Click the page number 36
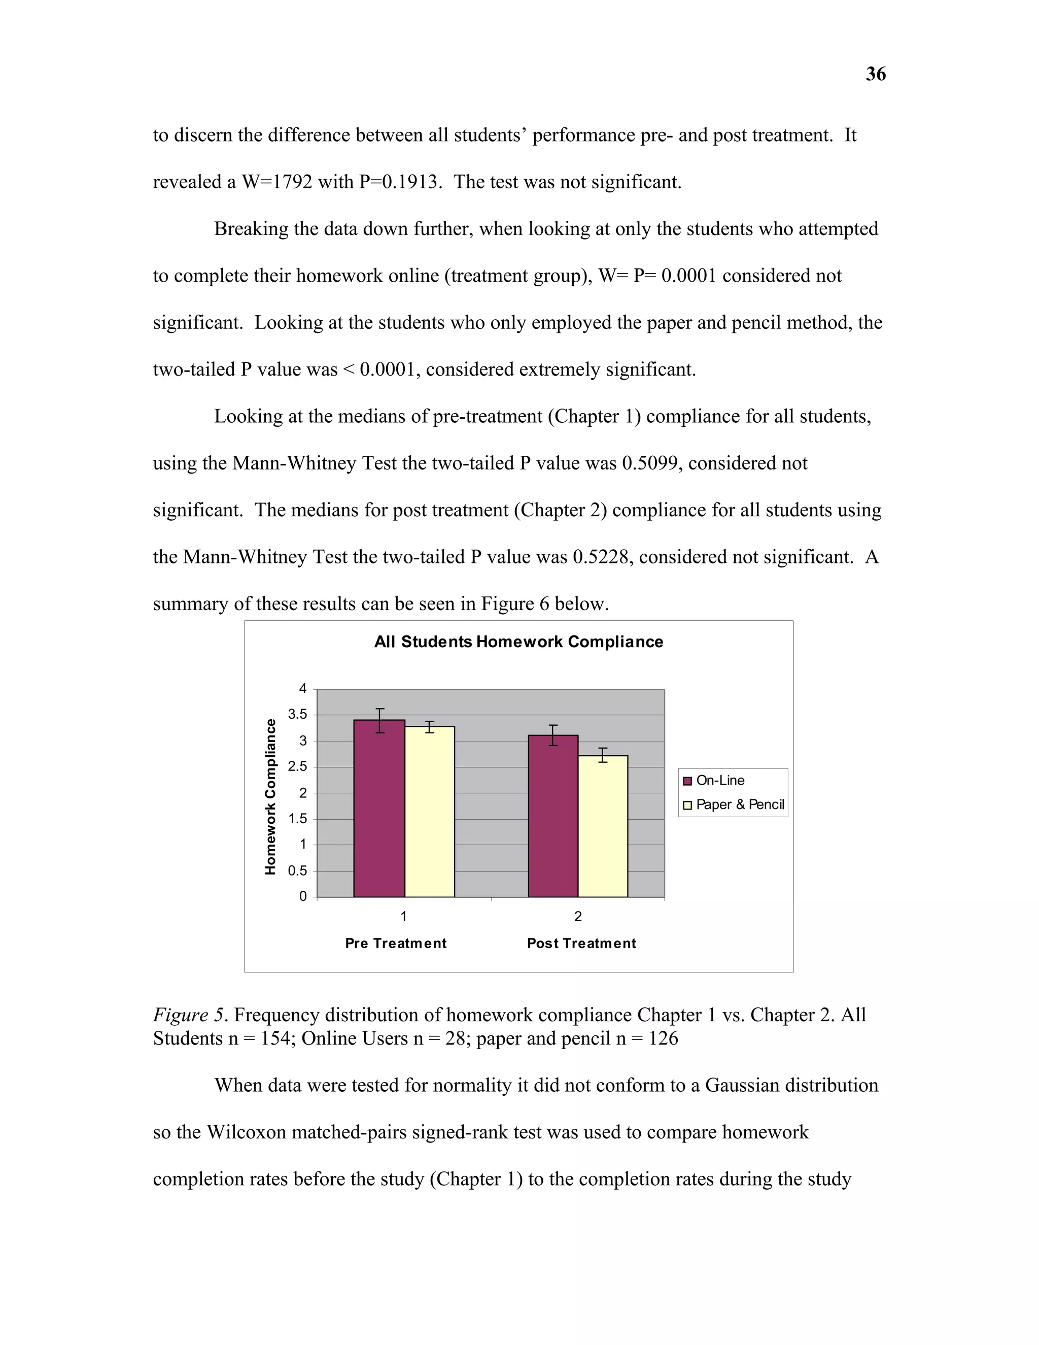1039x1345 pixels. click(875, 74)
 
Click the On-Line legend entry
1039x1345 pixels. click(719, 780)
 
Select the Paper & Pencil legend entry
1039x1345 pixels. click(739, 804)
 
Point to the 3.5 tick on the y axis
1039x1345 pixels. click(297, 715)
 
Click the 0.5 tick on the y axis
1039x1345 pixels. click(297, 871)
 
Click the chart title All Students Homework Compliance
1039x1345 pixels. click(518, 642)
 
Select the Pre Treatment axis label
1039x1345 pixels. click(396, 943)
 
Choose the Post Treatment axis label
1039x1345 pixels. click(581, 943)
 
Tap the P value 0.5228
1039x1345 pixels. click(602, 557)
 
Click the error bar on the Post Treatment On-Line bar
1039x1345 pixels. click(553, 735)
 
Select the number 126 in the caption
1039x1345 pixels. click(664, 1038)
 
